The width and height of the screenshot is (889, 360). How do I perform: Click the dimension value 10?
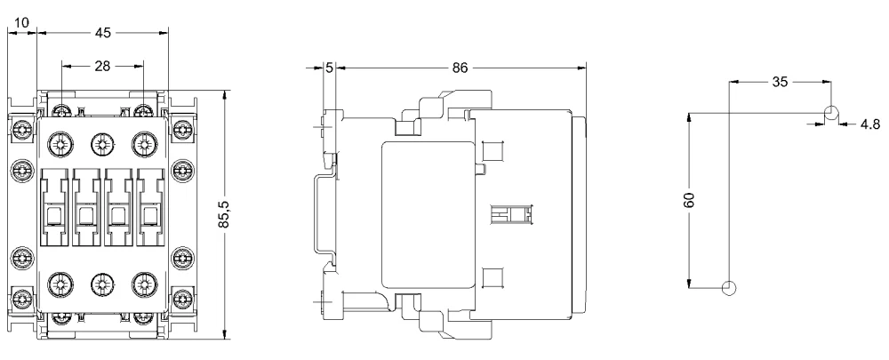[21, 23]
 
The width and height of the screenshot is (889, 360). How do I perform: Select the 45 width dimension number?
[102, 33]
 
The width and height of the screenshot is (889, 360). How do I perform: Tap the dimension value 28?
[102, 67]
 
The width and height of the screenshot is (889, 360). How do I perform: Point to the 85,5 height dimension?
[225, 215]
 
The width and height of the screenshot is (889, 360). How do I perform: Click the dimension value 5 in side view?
[330, 68]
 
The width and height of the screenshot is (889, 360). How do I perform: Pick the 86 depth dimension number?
[460, 68]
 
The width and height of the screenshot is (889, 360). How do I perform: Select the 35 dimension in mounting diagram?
[781, 82]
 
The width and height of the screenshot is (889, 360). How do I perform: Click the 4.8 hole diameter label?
[870, 124]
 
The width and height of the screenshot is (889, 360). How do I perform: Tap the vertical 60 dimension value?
[690, 200]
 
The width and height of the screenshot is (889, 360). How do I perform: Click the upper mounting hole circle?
[831, 113]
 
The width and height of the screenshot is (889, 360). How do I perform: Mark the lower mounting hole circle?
[729, 288]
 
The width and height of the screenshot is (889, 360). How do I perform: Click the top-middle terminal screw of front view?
[102, 144]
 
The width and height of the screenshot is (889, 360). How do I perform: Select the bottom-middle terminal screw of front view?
[102, 284]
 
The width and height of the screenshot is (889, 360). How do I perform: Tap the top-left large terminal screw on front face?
[60, 144]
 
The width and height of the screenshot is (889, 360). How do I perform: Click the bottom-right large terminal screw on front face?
[145, 284]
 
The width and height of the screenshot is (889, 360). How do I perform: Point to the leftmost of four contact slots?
[54, 207]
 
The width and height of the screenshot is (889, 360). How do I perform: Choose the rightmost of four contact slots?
[151, 207]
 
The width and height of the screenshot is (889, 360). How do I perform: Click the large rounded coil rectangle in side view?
[428, 215]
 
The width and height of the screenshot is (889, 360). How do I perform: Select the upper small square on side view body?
[493, 152]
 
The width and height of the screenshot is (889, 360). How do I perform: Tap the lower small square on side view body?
[493, 278]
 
